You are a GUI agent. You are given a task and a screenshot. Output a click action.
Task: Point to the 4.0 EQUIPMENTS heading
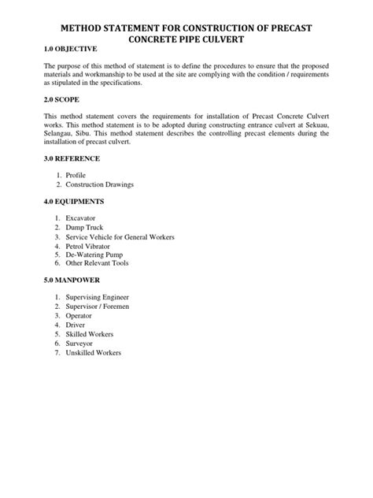75,202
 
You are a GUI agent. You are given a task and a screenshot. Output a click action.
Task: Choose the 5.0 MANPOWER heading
72,280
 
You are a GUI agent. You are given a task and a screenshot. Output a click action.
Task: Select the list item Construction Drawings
100,184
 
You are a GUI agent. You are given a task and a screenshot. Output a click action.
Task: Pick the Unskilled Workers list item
94,353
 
